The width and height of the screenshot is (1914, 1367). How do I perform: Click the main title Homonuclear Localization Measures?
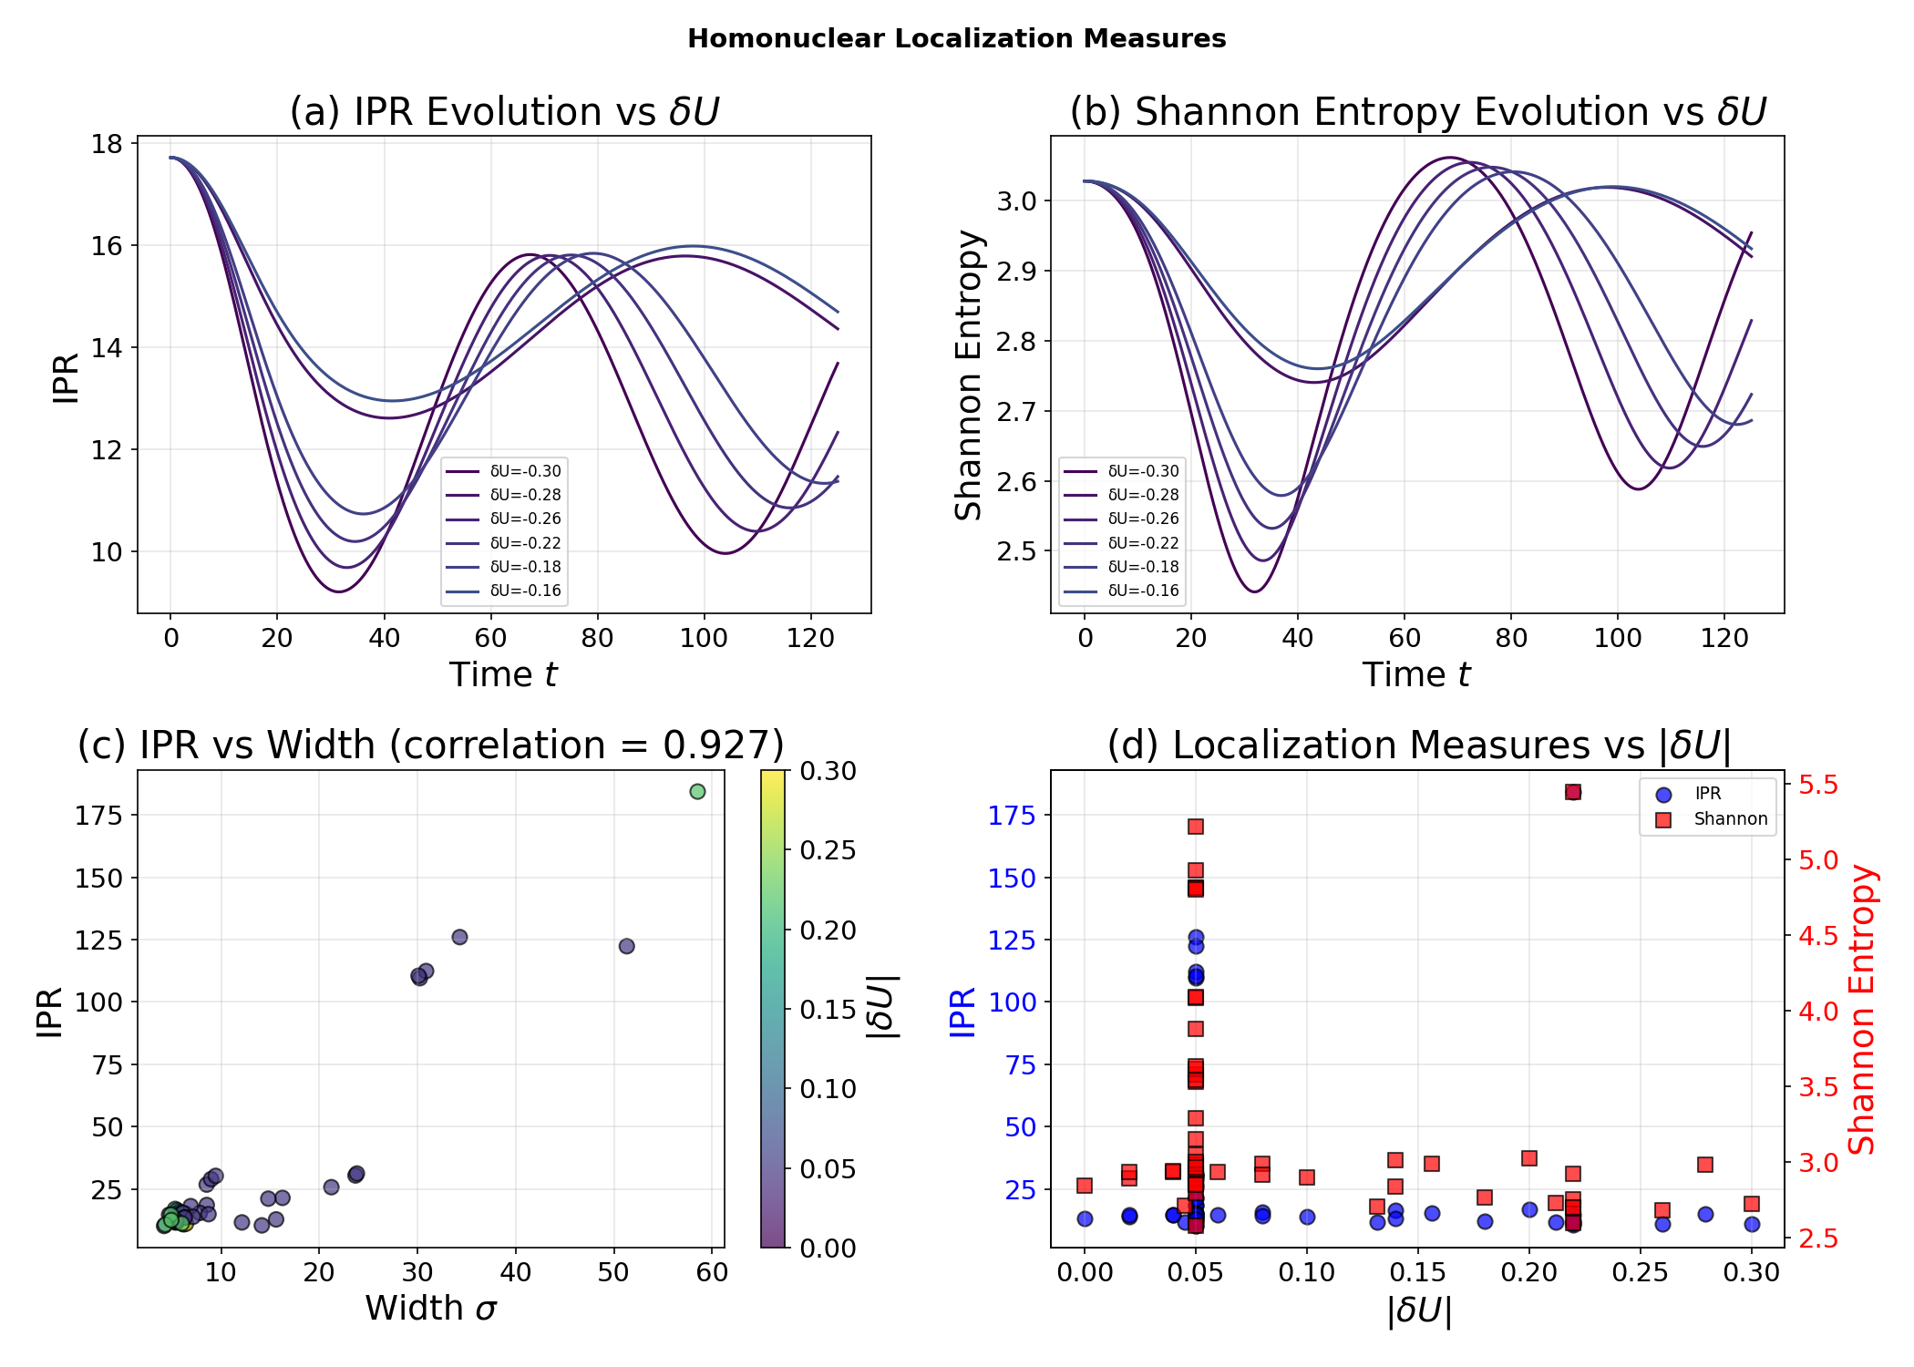[956, 38]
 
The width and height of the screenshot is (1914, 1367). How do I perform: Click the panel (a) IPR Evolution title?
[504, 112]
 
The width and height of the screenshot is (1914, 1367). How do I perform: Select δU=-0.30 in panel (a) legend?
[525, 471]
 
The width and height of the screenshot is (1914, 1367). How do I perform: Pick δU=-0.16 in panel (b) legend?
[1143, 591]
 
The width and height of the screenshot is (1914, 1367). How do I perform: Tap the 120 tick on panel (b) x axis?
[1724, 637]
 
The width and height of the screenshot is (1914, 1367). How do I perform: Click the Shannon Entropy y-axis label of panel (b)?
[968, 375]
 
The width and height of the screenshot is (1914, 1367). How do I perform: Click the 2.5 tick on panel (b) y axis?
[1019, 551]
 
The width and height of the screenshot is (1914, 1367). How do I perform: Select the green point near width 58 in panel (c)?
[697, 791]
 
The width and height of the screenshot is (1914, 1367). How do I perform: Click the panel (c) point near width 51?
[626, 946]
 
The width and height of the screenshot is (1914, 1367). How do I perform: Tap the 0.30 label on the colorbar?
[828, 771]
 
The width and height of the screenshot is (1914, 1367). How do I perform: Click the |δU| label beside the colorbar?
[882, 1007]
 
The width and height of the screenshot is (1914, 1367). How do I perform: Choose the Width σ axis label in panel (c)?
[430, 1309]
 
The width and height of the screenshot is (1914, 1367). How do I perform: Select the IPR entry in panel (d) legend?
[1707, 794]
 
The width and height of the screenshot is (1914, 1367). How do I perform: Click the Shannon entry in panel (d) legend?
[1730, 819]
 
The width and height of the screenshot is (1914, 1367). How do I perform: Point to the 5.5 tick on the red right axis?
[1817, 785]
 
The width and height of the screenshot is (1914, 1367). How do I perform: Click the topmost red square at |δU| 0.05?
[1196, 827]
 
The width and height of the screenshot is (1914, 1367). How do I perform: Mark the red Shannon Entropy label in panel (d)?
[1861, 1009]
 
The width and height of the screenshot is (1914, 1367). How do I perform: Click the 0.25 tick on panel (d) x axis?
[1640, 1272]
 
